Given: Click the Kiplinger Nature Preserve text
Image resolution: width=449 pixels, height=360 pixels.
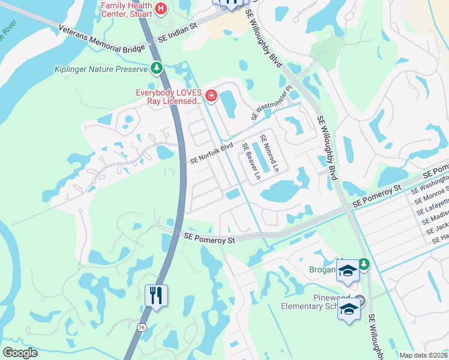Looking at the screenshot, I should (x=101, y=69).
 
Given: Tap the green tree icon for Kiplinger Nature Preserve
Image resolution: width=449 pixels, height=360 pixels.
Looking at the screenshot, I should (x=157, y=68).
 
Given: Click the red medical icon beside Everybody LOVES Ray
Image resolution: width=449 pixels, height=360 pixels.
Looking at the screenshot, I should (x=211, y=95).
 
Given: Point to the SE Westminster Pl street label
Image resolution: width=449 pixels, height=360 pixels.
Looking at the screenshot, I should (x=271, y=103).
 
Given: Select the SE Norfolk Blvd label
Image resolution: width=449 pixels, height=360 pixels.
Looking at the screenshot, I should (x=211, y=154).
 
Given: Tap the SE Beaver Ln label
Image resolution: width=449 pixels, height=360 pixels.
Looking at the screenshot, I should (x=250, y=161).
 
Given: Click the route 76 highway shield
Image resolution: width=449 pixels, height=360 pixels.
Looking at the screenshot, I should (x=141, y=327).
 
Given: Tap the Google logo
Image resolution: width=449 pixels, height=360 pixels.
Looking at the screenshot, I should (x=20, y=353).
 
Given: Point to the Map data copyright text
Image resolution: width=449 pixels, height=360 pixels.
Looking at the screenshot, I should (x=423, y=355).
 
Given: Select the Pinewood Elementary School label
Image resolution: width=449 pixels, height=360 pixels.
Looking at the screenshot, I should (x=312, y=302).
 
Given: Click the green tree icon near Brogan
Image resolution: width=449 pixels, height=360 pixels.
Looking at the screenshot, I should (x=364, y=264).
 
